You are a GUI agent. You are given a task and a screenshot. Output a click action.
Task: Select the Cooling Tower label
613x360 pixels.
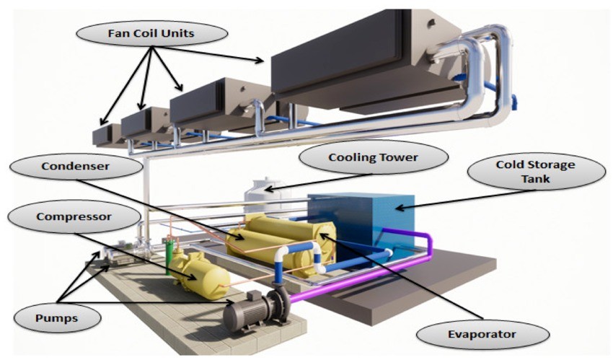[373, 157]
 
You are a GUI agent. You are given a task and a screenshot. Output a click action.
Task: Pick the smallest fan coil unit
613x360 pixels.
[106, 135]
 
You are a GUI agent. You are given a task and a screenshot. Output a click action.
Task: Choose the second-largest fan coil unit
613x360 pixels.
[216, 105]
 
